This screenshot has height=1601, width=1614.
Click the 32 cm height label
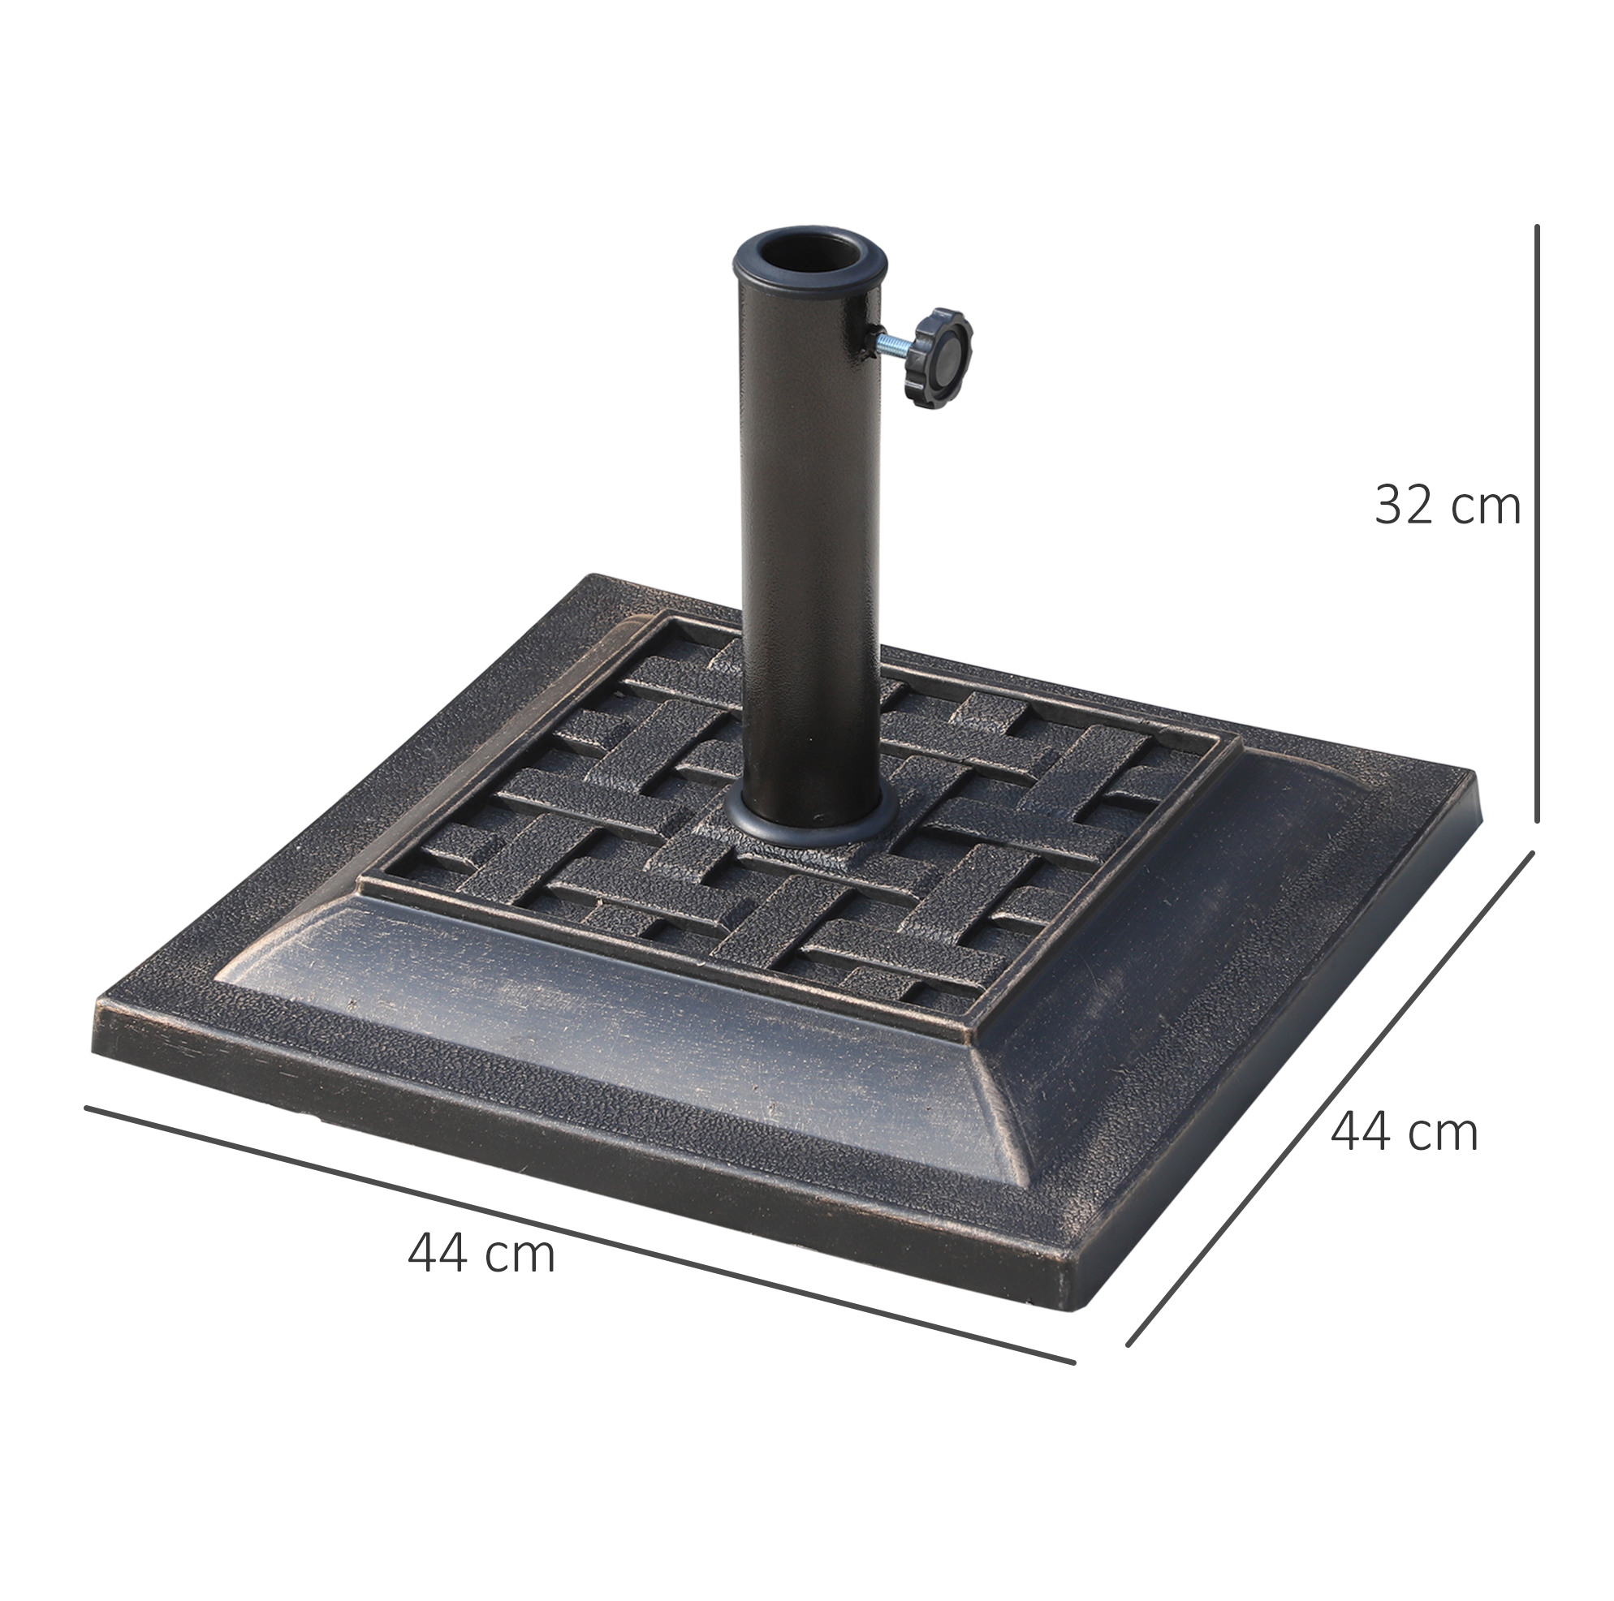coord(1447,505)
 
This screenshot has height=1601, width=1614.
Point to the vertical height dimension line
coord(1536,524)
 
